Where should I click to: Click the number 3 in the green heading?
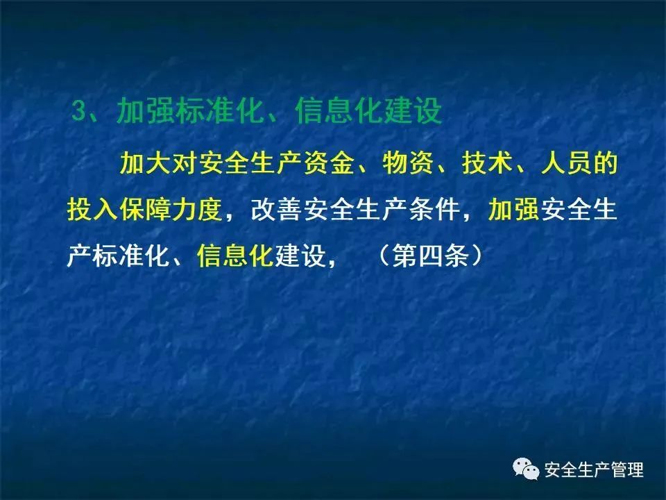(79, 111)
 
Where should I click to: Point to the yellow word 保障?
(145, 209)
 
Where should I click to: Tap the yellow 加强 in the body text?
(513, 209)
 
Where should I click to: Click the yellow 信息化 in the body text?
(235, 256)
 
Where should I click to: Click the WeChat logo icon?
(526, 469)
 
